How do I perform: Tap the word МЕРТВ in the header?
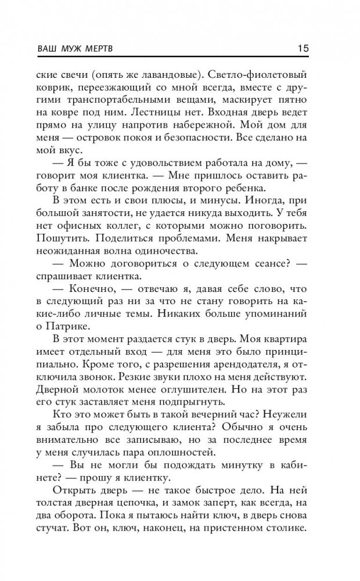point(98,49)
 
